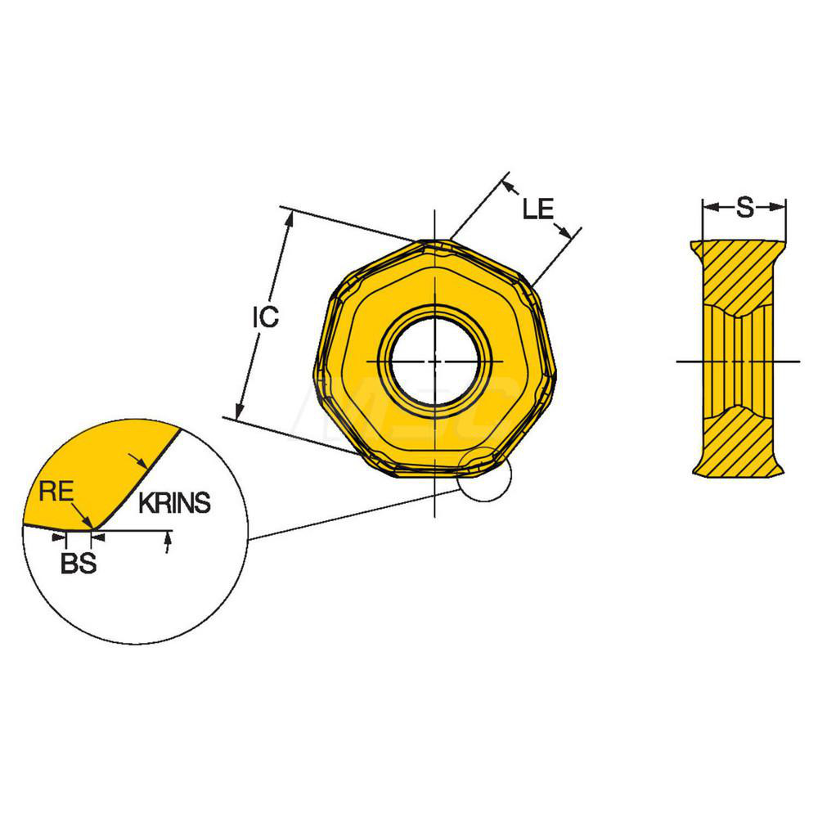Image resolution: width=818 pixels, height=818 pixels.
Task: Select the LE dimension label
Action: coord(538,209)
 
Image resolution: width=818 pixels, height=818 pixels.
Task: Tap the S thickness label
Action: coord(744,209)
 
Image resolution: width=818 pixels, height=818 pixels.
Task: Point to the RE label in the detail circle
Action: coord(57,491)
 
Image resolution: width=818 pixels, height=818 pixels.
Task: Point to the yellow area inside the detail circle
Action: coord(98,474)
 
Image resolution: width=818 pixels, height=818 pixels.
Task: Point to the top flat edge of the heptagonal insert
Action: coord(434,242)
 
